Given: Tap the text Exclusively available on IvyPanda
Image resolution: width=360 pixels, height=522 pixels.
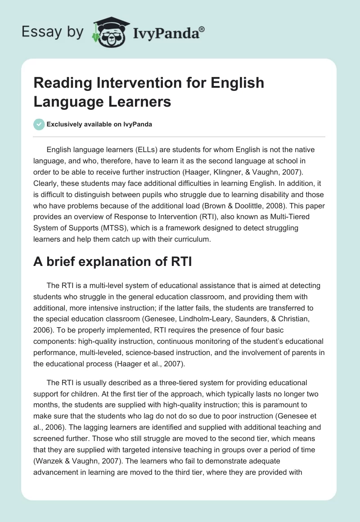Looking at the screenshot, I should [99, 125].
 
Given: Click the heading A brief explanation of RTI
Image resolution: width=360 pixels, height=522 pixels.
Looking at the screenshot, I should [112, 261].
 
